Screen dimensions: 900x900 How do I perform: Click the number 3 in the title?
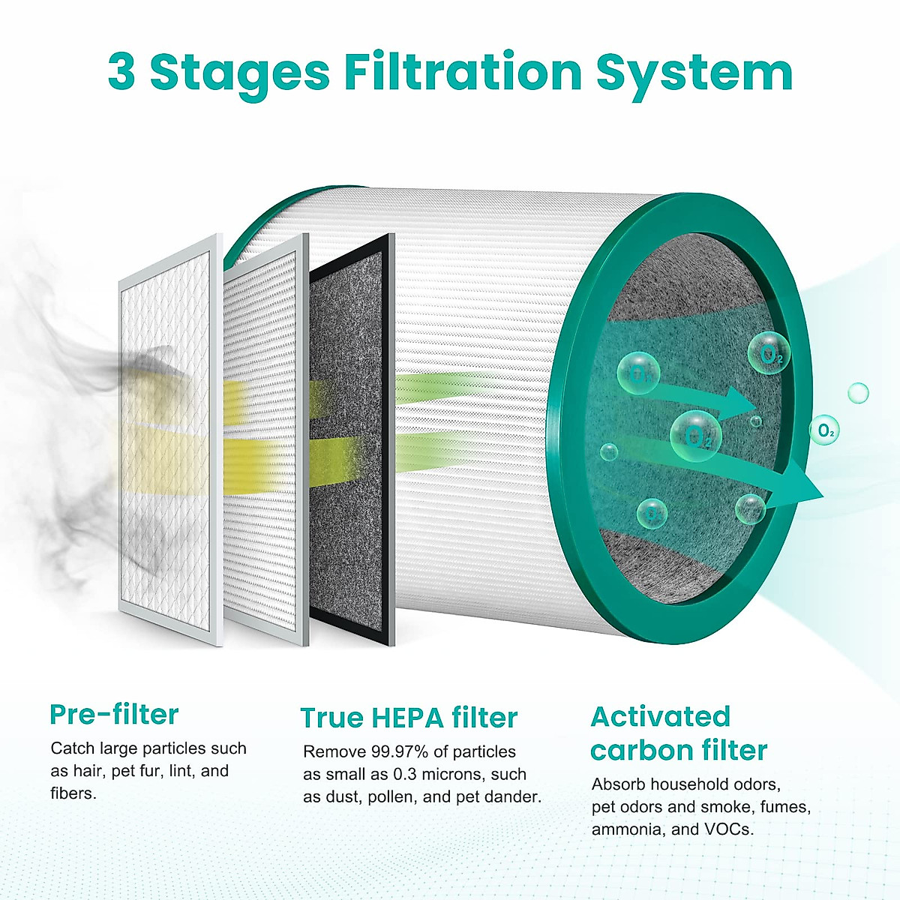click(122, 72)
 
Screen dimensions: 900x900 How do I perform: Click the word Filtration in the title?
click(463, 72)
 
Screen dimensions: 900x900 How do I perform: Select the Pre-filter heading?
click(114, 714)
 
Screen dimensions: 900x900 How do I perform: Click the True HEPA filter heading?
click(409, 718)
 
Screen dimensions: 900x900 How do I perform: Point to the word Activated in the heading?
click(660, 716)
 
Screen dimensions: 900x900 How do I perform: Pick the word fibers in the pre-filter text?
click(73, 793)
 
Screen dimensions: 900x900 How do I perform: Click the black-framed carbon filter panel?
click(351, 439)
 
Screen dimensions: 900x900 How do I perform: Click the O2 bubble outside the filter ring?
click(824, 430)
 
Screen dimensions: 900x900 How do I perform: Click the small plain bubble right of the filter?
click(858, 392)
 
